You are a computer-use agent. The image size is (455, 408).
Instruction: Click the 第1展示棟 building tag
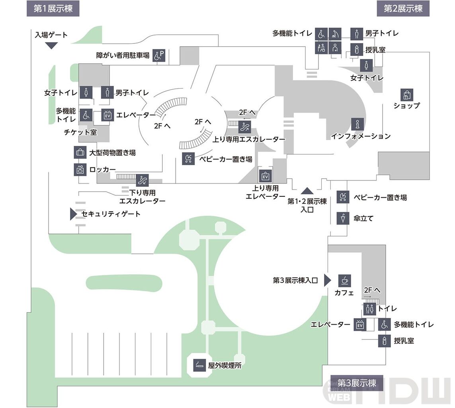53,8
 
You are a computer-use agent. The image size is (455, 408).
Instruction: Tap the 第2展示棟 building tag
403,8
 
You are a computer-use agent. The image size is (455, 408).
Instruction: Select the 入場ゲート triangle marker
51,45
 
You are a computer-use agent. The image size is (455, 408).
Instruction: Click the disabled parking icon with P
159,56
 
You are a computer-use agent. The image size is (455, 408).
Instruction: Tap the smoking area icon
199,365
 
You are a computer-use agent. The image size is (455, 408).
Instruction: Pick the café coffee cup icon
344,280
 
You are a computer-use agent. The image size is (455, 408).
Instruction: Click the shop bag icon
407,95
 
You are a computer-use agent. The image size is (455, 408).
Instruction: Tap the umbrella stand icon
343,218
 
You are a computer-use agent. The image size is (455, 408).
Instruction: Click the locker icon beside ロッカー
80,169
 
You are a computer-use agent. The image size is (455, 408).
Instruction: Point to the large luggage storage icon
80,152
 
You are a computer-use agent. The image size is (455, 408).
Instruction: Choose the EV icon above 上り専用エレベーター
265,176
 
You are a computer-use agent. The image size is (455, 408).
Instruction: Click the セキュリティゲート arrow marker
73,214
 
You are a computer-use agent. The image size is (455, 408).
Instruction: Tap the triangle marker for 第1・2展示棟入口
307,190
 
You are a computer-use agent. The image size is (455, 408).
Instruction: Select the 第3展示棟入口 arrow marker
327,280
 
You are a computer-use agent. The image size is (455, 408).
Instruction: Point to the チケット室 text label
80,132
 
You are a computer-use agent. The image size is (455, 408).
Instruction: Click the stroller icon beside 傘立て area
343,197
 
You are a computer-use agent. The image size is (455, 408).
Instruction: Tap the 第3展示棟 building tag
357,383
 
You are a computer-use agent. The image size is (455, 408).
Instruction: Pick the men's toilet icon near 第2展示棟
357,34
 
